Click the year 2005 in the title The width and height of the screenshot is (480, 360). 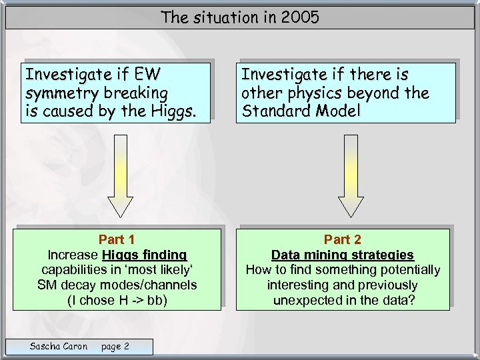[300, 17]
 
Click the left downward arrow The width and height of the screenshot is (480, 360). [121, 176]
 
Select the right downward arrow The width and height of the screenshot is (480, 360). [351, 176]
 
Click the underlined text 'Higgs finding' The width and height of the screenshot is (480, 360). [145, 255]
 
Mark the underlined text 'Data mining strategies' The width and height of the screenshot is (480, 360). [343, 255]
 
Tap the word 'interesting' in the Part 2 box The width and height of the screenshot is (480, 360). [298, 285]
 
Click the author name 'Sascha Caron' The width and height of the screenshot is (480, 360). [59, 346]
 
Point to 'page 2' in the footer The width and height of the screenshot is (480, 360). [115, 346]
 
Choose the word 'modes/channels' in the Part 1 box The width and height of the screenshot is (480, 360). [155, 285]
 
